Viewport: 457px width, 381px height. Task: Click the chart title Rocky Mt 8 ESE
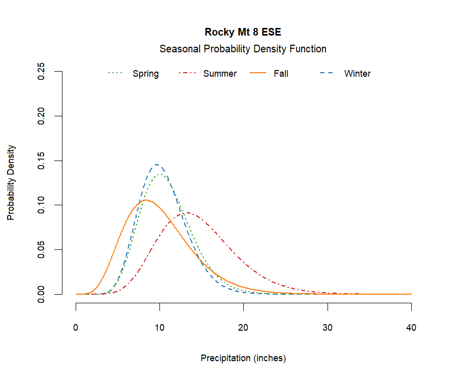[243, 32]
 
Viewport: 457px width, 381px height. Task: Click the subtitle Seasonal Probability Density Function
[243, 49]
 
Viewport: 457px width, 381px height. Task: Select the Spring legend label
[146, 74]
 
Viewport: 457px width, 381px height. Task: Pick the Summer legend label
[220, 74]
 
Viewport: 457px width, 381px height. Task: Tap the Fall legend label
[281, 74]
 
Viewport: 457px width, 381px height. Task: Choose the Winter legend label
[357, 74]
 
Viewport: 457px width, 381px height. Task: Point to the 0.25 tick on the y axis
[42, 72]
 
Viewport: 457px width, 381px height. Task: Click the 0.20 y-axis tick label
[42, 116]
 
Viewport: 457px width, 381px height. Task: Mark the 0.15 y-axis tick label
[42, 161]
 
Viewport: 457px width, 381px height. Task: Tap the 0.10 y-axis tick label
[42, 205]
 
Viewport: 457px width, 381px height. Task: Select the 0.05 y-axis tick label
[42, 249]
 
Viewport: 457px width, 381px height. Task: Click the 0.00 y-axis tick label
[42, 294]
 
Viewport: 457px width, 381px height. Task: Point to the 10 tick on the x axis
[160, 328]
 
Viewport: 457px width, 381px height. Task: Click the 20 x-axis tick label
[244, 328]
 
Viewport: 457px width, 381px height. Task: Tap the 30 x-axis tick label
[328, 328]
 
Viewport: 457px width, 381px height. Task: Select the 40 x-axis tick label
[411, 328]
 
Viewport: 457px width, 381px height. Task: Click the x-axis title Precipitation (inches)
[243, 358]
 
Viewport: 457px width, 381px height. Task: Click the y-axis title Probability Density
[11, 183]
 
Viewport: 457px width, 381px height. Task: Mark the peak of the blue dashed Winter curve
[157, 165]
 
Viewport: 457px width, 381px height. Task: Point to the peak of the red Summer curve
[188, 213]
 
